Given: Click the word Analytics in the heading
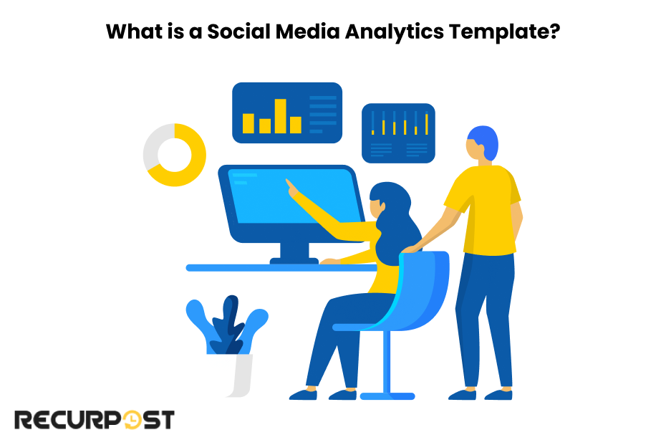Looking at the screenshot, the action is pyautogui.click(x=394, y=32).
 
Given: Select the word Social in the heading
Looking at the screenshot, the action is pyautogui.click(x=238, y=32).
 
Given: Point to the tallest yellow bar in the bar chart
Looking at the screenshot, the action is pyautogui.click(x=280, y=116).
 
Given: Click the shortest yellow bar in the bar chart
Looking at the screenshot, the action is pyautogui.click(x=265, y=126).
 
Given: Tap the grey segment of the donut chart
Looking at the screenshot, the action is pyautogui.click(x=155, y=145).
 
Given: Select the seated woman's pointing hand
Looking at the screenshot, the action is pyautogui.click(x=293, y=189).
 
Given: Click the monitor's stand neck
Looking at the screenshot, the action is pyautogui.click(x=294, y=250).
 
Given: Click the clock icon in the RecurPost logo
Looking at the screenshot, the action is pyautogui.click(x=132, y=420).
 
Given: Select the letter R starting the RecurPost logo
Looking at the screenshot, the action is pyautogui.click(x=23, y=420).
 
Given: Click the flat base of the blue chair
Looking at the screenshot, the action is pyautogui.click(x=387, y=396).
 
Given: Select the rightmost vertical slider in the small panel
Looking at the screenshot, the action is pyautogui.click(x=426, y=123).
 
